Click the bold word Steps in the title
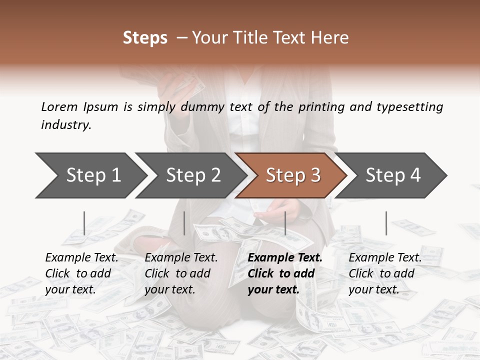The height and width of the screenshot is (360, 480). coord(145,38)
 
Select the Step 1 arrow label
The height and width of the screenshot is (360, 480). coord(93,175)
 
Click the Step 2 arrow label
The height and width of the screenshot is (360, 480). coord(193,175)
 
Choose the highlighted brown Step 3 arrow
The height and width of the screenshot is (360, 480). coord(293,175)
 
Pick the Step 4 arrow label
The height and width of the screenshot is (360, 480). coord(393,175)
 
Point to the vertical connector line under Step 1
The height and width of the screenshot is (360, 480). coord(84,223)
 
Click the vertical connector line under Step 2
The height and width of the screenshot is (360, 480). coord(184,223)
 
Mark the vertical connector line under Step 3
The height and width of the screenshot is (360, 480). coord(285,223)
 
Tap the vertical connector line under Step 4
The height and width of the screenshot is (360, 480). coord(386,223)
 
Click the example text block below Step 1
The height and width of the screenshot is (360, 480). coord(81,273)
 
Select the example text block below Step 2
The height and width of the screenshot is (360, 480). coord(181,273)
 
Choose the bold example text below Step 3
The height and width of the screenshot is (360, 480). coord(285,273)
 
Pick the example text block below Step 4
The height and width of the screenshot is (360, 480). coord(385,273)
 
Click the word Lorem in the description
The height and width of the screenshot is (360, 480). coord(59,106)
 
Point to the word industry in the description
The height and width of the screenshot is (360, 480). coord(66,125)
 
